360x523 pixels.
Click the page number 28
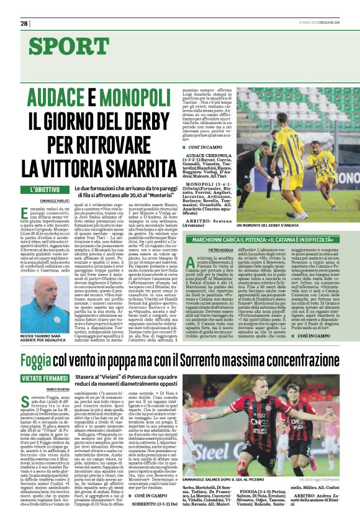point(24,23)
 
